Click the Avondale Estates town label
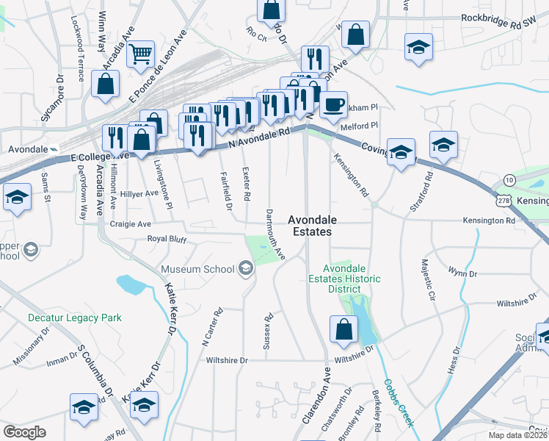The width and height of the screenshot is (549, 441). click(309, 225)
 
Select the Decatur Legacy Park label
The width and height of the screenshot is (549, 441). click(74, 318)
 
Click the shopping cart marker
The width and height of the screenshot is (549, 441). click(139, 54)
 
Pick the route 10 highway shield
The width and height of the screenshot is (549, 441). click(509, 180)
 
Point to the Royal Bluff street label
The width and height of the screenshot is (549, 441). click(167, 238)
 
